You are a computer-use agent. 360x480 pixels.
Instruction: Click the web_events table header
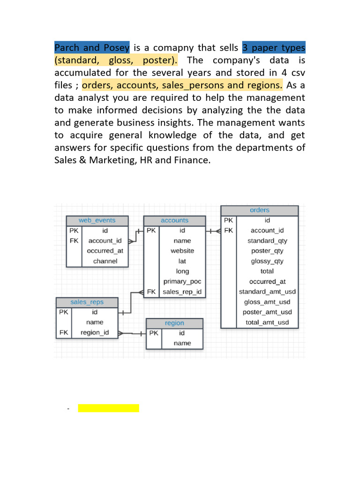click(x=97, y=220)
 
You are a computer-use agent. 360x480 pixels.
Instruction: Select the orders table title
click(x=260, y=210)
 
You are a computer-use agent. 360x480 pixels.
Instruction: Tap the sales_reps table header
click(x=87, y=302)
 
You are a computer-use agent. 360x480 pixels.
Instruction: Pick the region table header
click(x=174, y=323)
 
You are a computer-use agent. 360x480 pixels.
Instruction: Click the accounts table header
click(x=174, y=220)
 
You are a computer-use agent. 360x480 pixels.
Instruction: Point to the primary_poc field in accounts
click(x=182, y=281)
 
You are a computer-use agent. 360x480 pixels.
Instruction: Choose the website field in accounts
click(x=182, y=251)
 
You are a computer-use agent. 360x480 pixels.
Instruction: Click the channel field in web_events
click(x=105, y=261)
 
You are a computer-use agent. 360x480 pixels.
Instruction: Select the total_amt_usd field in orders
click(x=267, y=322)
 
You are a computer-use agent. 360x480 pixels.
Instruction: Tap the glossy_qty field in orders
click(x=267, y=261)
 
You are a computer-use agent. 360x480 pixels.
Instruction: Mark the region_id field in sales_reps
click(x=95, y=333)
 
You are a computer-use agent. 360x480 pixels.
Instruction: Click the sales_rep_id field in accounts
click(x=182, y=292)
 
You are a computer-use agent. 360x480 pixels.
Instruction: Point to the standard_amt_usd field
click(x=267, y=292)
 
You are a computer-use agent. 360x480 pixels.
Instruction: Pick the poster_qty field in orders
click(x=267, y=251)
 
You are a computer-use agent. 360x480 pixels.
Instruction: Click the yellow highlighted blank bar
click(x=109, y=408)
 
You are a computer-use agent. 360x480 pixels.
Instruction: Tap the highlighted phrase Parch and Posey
click(x=92, y=48)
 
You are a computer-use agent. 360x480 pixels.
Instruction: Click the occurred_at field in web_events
click(x=105, y=251)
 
